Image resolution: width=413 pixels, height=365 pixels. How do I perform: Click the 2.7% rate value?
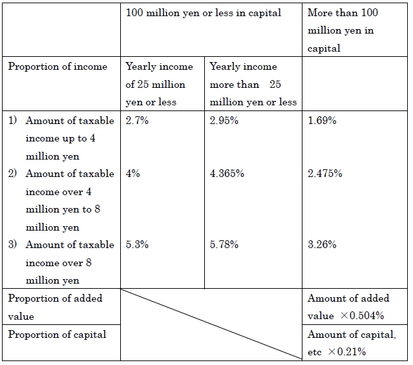point(137,120)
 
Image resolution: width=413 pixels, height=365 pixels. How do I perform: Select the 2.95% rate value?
point(224,120)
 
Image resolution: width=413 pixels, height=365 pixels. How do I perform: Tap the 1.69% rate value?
point(322,120)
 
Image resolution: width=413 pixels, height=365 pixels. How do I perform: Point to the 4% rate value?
point(132,174)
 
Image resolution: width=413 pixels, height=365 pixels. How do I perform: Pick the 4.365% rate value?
point(227,174)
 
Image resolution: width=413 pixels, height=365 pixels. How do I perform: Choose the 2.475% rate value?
point(324,174)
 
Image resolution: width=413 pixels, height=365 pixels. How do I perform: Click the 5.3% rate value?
point(137,244)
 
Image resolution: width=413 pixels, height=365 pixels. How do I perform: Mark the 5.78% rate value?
point(224,244)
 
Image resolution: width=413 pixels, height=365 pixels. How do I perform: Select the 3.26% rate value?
point(322,244)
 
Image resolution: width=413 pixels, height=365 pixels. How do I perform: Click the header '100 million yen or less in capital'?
point(204,13)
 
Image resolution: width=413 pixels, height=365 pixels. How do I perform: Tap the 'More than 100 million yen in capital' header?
point(343,30)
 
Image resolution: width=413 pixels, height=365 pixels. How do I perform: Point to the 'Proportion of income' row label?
point(58,67)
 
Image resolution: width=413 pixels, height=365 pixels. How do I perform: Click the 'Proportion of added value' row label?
point(55,307)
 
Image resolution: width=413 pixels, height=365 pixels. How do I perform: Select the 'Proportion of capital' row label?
point(57,335)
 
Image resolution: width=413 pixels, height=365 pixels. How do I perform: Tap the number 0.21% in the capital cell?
point(352,351)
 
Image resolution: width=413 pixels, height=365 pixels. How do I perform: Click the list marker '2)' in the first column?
point(12,173)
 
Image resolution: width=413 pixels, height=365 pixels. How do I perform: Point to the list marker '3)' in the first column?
point(12,244)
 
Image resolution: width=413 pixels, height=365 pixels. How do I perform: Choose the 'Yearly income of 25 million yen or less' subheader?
point(159,84)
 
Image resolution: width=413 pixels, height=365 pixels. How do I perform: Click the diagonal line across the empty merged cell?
point(211,324)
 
